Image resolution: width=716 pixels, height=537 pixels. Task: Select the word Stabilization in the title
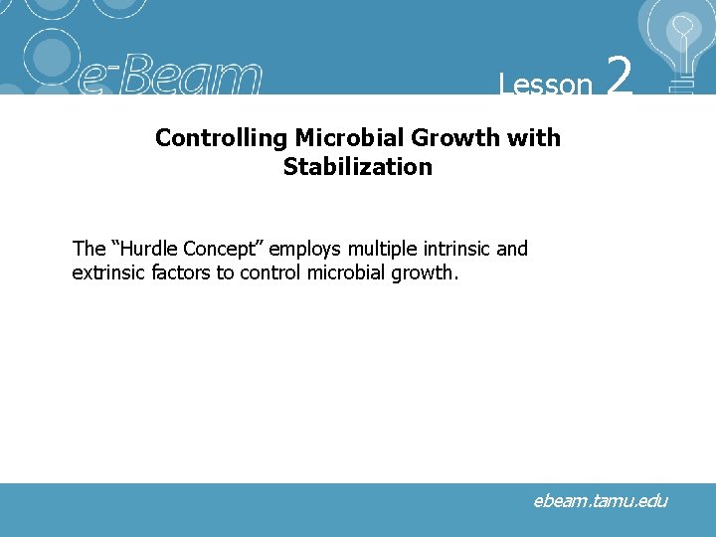coord(358,167)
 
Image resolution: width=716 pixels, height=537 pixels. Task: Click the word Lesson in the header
coord(546,85)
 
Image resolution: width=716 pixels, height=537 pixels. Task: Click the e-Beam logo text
coord(170,78)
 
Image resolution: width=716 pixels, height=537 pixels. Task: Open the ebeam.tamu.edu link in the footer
coord(600,501)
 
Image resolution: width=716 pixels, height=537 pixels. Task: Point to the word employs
coord(301,250)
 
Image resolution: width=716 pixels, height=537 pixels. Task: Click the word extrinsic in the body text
coord(108,272)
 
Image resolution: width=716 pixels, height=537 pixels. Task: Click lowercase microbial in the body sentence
coord(348,272)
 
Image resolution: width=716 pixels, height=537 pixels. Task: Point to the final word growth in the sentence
coord(426,273)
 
